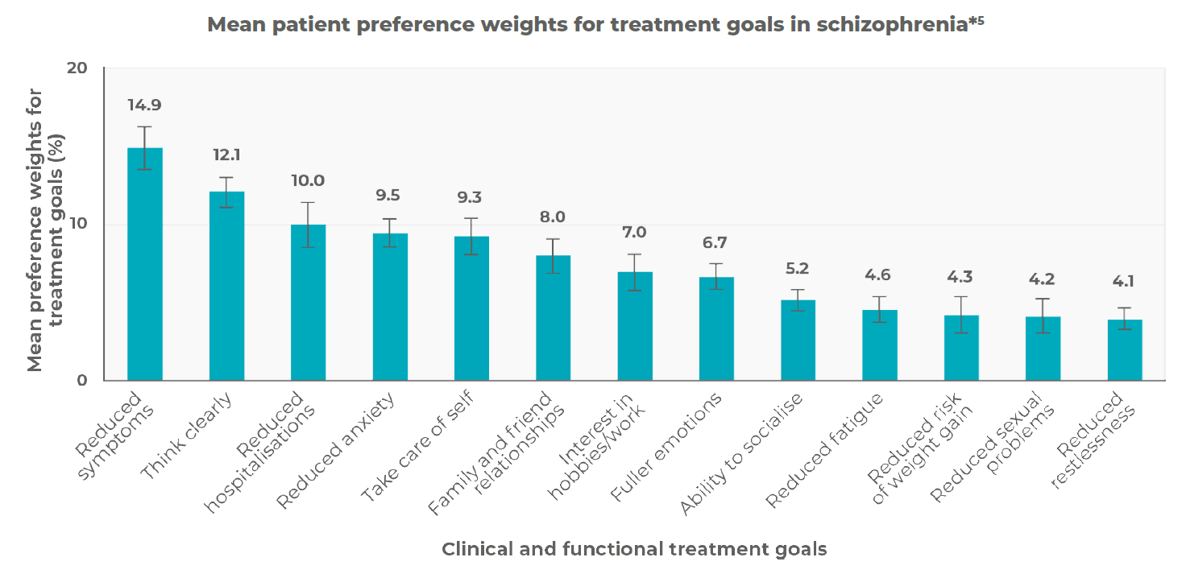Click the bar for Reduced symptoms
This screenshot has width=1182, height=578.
tap(145, 266)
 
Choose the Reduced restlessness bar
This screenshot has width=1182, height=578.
tap(1125, 350)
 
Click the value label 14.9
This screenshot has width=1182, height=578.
tap(145, 105)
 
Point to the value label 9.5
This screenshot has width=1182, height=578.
tap(390, 196)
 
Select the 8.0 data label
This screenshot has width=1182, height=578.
tap(553, 217)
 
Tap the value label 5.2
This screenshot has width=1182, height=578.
tap(798, 269)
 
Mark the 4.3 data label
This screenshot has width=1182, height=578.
tap(961, 277)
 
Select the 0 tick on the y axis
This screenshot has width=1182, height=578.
tap(82, 381)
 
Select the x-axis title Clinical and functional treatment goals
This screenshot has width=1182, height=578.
tap(634, 549)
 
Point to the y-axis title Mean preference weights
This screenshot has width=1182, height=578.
tap(35, 225)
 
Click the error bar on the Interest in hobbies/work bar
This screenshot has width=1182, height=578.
tap(635, 272)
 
